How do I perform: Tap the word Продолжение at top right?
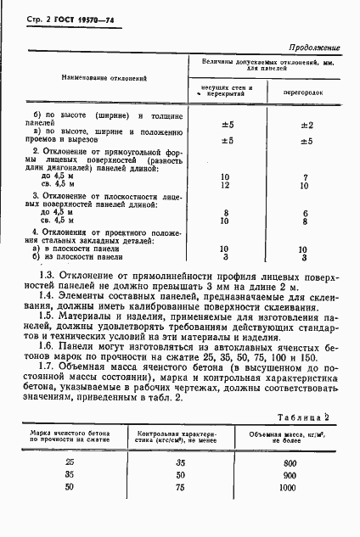coord(315,48)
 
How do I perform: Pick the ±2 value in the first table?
coord(307,124)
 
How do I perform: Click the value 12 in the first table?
coord(225,184)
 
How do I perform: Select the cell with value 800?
coord(288,463)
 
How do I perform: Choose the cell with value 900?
coord(288,476)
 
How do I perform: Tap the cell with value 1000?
coord(288,489)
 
